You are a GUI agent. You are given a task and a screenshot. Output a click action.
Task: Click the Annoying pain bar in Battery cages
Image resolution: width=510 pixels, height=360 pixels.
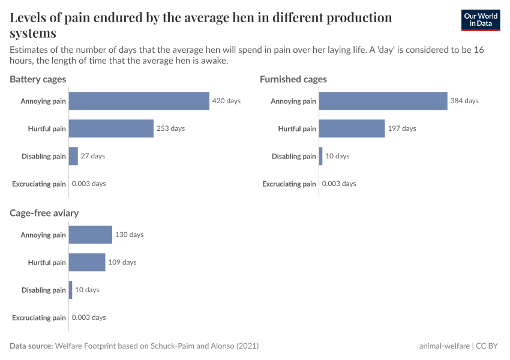pos(139,101)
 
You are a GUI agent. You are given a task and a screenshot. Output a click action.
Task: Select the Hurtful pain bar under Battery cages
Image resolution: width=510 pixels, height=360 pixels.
pos(111,128)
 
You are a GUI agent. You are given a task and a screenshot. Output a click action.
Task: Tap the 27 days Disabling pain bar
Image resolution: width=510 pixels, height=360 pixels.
pos(73,156)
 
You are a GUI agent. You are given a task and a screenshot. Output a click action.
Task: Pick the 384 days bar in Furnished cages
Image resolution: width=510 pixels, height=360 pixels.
pos(383,101)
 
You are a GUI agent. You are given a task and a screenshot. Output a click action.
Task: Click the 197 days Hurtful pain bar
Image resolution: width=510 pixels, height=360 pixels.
pos(352,128)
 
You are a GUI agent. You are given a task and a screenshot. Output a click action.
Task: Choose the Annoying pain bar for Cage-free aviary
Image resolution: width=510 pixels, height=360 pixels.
pos(91,235)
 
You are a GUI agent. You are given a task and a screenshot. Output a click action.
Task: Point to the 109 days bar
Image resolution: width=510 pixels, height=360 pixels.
pos(87,262)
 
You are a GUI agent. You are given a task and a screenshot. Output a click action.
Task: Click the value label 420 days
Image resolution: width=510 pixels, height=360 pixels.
pos(226,101)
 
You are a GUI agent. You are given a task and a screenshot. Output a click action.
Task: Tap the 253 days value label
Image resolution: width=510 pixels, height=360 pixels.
pos(171,128)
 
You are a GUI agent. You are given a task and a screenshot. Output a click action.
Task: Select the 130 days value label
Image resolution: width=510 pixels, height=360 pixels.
pos(130,235)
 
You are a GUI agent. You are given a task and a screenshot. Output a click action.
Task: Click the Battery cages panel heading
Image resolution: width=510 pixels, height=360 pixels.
pos(38,79)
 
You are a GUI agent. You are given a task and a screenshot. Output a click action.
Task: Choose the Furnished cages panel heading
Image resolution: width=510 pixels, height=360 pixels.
pos(293,79)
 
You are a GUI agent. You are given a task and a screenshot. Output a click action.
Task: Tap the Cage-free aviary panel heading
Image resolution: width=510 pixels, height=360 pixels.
pos(44,213)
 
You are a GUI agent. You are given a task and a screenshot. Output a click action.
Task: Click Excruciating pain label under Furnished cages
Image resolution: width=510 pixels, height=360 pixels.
pos(289,184)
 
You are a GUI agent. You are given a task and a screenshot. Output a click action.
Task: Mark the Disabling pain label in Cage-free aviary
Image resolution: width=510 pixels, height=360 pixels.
pos(44,290)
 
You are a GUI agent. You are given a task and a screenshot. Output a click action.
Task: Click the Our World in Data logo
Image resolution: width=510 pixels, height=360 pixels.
pos(481,20)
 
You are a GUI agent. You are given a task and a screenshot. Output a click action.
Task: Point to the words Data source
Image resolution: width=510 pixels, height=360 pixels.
pos(31,346)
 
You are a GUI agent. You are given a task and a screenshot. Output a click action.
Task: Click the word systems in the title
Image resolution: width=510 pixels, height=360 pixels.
pos(33,33)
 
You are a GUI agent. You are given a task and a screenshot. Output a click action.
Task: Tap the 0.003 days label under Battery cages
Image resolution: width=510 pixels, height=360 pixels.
pos(89,184)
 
